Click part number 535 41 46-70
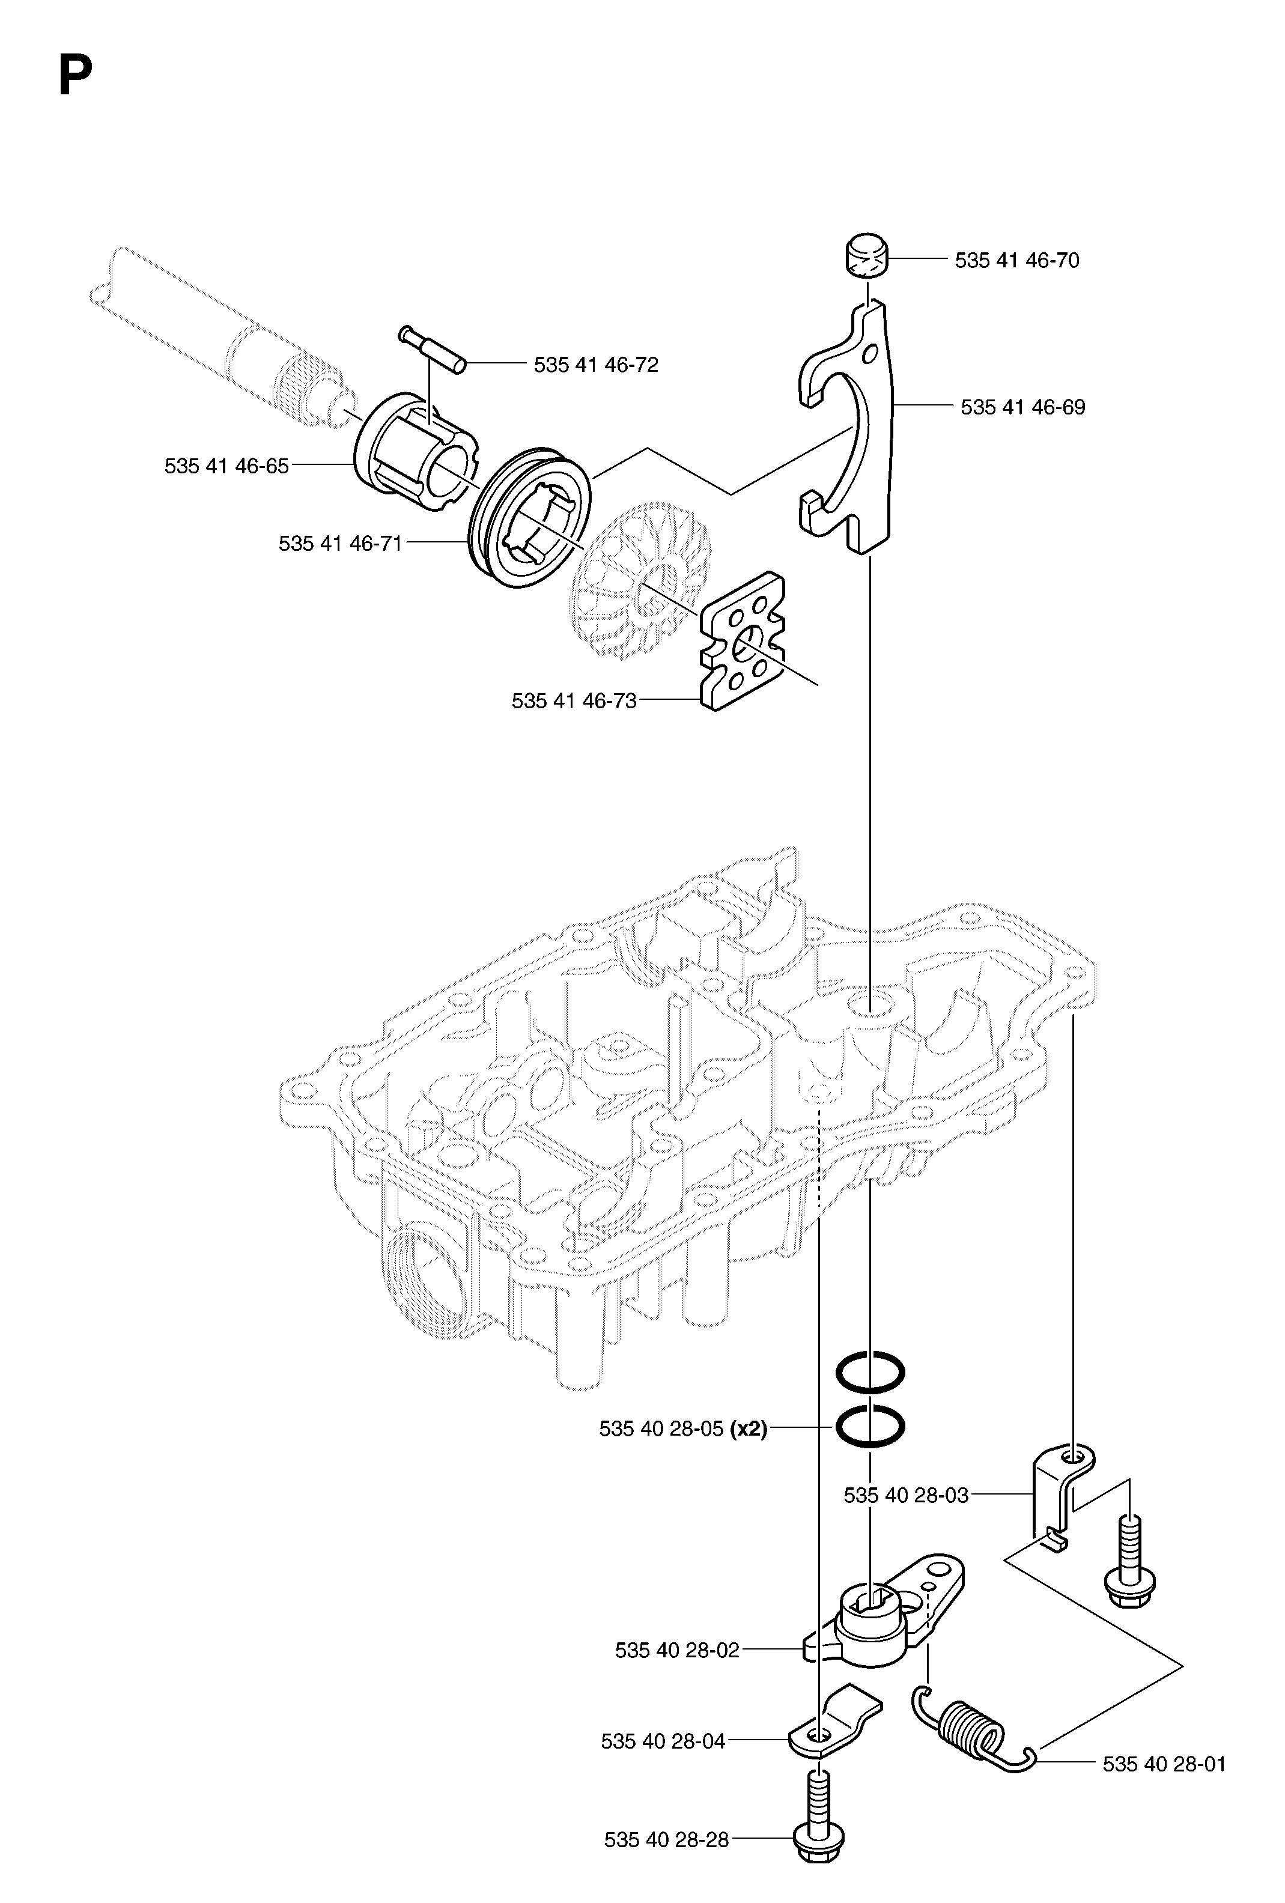coord(1016,260)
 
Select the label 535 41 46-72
coord(595,365)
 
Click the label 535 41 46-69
coord(1023,407)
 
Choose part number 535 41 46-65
coord(227,466)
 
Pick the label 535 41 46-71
coord(341,543)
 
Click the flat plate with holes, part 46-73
coord(742,641)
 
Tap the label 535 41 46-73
coord(574,701)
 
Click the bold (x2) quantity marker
coord(749,1429)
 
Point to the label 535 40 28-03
coord(906,1495)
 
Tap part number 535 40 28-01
coord(1164,1764)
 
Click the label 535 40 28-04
coord(663,1741)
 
